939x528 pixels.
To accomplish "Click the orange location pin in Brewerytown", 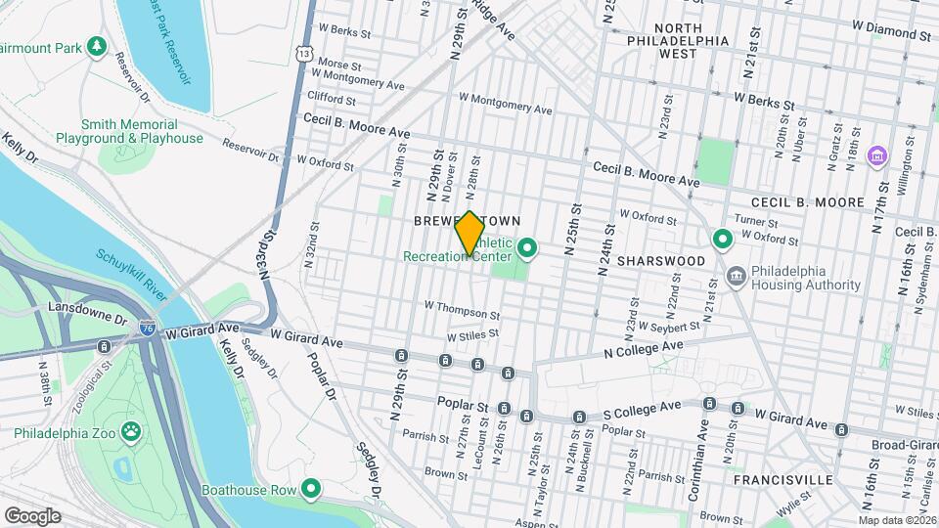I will coord(470,234).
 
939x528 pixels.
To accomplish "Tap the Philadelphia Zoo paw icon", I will coord(130,431).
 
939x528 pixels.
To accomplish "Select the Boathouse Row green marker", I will coord(312,488).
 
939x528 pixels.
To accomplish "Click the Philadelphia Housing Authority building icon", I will coord(737,278).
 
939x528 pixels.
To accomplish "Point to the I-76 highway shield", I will coord(147,330).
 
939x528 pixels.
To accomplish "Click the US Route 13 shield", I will coord(305,53).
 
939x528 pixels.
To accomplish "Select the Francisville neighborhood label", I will coord(787,480).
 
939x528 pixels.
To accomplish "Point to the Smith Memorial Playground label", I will coord(142,132).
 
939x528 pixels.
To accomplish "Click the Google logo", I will coord(32,515).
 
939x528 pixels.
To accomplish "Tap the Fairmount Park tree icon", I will coord(96,46).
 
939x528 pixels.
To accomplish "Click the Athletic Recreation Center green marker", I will coord(528,248).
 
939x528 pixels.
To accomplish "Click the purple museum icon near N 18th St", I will coord(876,155).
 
